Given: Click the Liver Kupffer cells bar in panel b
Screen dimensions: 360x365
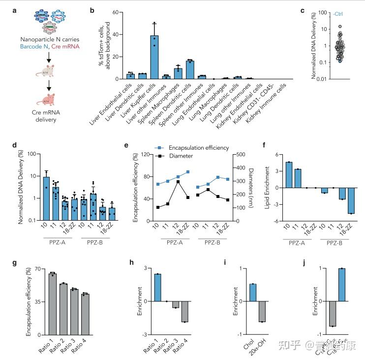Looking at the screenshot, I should click(154, 57).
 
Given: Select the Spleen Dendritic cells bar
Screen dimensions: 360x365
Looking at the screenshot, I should click(190, 69).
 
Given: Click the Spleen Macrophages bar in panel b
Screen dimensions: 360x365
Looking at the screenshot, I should click(178, 73).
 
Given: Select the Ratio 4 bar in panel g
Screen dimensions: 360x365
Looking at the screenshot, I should click(85, 314).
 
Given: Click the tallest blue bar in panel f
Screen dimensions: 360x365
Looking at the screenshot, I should click(289, 175).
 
